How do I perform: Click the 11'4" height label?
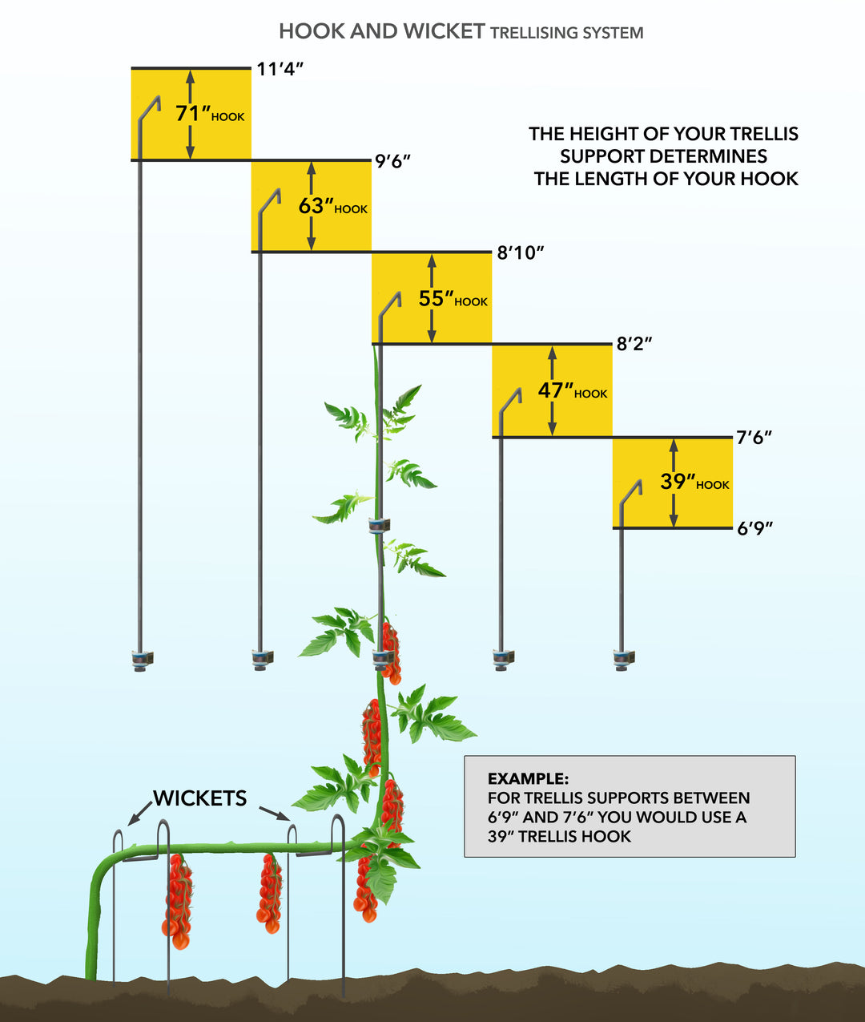280,69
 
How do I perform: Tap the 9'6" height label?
392,161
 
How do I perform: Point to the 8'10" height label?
520,253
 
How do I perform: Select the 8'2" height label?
634,345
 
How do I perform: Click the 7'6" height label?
754,438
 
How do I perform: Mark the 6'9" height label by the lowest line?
754,528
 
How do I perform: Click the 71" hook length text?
192,114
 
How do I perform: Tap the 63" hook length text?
316,206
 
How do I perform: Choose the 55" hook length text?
436,298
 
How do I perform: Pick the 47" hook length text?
556,390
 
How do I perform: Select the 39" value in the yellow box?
677,482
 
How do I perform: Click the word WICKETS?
200,798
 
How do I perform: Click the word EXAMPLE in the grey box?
528,778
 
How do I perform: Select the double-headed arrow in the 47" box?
552,390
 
